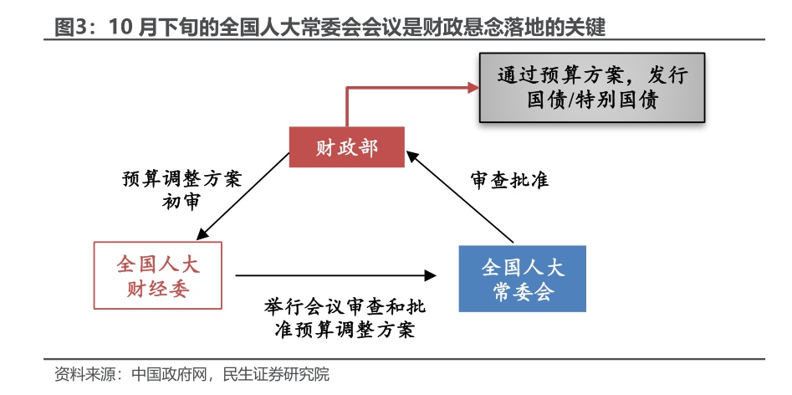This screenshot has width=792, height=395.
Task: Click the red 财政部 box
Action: (346, 148)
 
